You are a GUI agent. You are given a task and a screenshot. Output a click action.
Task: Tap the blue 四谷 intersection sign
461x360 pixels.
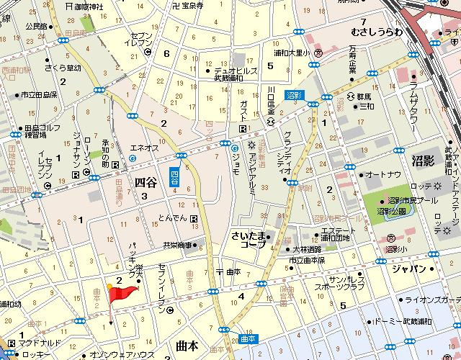click(x=174, y=178)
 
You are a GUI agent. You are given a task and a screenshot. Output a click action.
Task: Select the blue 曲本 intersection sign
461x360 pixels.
click(x=248, y=338)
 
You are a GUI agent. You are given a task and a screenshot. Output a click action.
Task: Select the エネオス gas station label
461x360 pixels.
click(x=143, y=147)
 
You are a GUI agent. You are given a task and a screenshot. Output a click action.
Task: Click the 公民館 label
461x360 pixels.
click(x=36, y=27)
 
